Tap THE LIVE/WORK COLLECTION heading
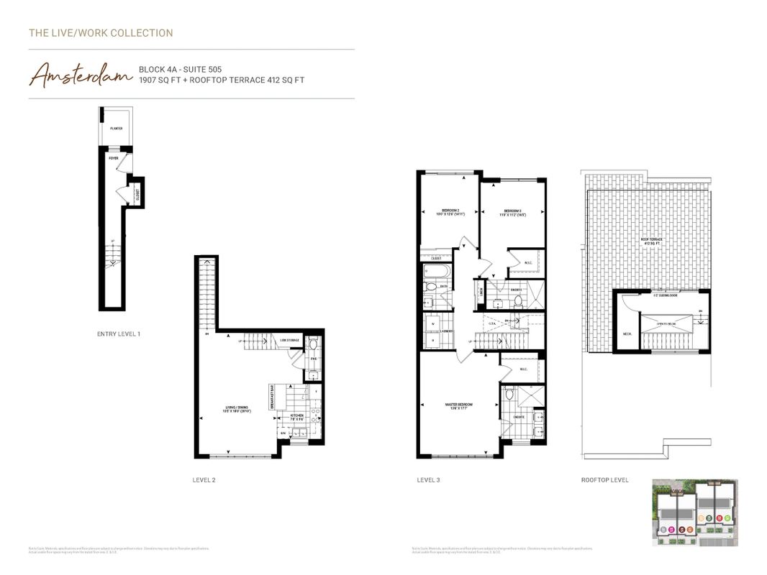click(x=101, y=33)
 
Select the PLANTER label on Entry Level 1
click(x=116, y=129)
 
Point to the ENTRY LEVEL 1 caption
click(x=119, y=334)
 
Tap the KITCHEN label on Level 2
click(x=297, y=415)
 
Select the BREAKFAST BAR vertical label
click(x=272, y=396)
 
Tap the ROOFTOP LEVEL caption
click(x=604, y=480)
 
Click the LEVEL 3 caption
click(x=429, y=480)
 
